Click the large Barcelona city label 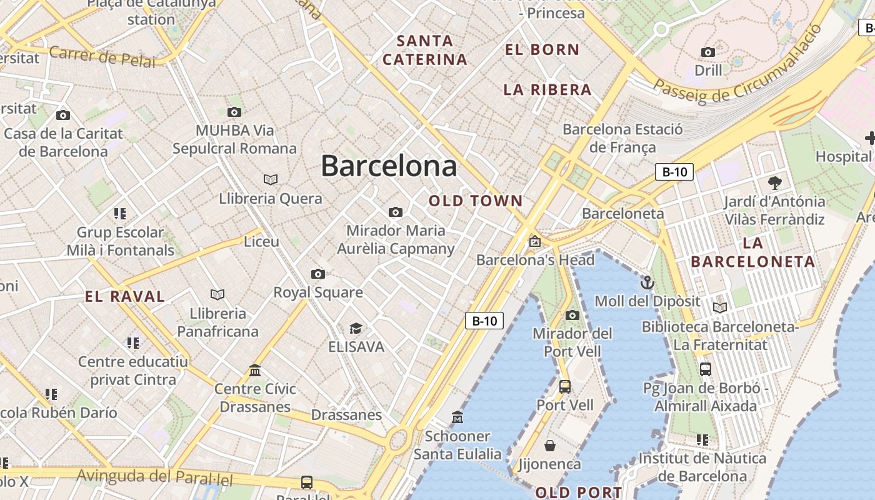pos(389,166)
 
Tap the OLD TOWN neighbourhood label pos(476,201)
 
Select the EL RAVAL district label pos(125,296)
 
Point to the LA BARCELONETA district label pos(753,252)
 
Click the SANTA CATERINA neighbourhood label pos(425,50)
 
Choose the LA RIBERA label pos(547,89)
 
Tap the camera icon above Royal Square pos(318,274)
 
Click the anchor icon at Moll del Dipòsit pos(647,282)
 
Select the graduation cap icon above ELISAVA pos(356,328)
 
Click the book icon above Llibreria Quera pos(271,180)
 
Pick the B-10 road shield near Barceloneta pos(674,172)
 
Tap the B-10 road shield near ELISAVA pos(484,321)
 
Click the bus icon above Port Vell pos(565,386)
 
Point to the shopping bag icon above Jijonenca pos(550,446)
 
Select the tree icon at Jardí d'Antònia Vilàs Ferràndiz pos(775,183)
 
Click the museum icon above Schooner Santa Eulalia pos(457,417)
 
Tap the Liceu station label pos(261,241)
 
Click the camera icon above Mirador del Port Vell pos(572,315)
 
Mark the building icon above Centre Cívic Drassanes pos(255,371)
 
